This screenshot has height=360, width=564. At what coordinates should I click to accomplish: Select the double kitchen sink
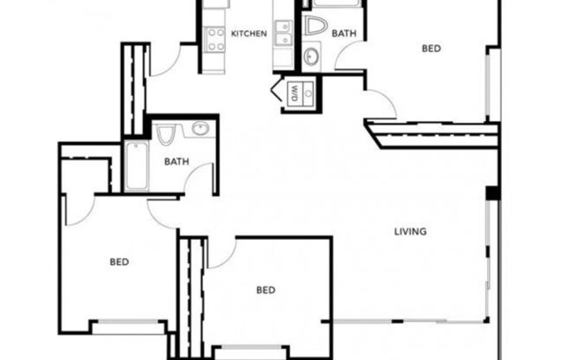pyautogui.click(x=283, y=33)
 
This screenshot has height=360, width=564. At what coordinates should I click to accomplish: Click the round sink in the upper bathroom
pyautogui.click(x=311, y=56)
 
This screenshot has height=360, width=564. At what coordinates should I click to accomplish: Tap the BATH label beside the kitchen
pyautogui.click(x=343, y=34)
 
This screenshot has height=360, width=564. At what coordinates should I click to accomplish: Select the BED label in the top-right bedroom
pyautogui.click(x=431, y=48)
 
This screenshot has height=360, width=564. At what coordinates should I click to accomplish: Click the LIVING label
pyautogui.click(x=410, y=231)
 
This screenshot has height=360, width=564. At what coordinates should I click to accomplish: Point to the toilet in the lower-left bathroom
pyautogui.click(x=167, y=135)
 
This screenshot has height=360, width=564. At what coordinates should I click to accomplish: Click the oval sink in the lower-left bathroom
pyautogui.click(x=200, y=131)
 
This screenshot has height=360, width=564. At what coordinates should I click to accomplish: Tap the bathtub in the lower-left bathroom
pyautogui.click(x=137, y=167)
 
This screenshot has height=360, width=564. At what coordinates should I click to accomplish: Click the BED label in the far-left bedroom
pyautogui.click(x=119, y=260)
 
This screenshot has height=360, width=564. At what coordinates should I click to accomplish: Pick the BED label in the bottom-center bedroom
pyautogui.click(x=266, y=290)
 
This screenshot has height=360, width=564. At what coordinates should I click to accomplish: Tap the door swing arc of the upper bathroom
pyautogui.click(x=350, y=56)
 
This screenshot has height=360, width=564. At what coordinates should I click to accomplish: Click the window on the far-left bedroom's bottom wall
pyautogui.click(x=129, y=326)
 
